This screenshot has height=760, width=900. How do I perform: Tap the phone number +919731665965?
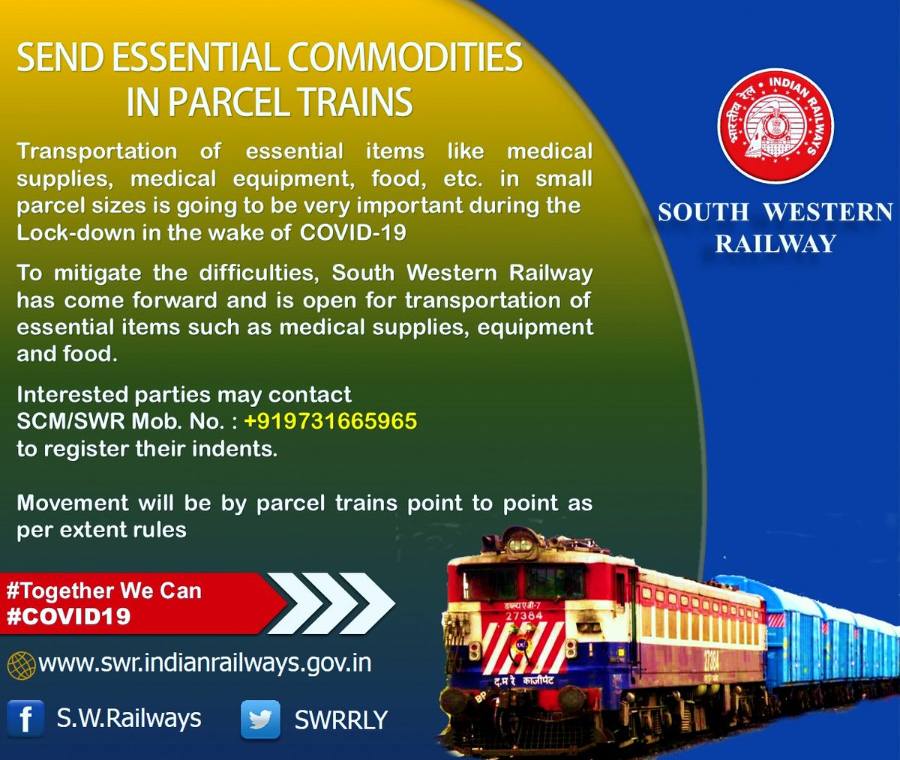[330, 421]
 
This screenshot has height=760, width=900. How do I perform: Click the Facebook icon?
[25, 719]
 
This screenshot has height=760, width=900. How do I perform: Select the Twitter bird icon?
[260, 720]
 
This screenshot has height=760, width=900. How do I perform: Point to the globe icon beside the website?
[21, 665]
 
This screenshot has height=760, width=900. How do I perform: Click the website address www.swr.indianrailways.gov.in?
[205, 663]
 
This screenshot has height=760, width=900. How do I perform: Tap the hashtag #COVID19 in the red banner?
[68, 616]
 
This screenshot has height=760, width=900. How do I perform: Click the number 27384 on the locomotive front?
[524, 615]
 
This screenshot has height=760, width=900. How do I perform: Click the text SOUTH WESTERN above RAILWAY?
[775, 212]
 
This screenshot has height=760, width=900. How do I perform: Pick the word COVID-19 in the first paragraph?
[353, 232]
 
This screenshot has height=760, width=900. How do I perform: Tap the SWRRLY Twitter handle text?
[340, 720]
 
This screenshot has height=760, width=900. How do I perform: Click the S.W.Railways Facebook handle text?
[129, 719]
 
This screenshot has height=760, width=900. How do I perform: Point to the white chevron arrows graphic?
[334, 603]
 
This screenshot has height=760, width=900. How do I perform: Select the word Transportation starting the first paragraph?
[97, 151]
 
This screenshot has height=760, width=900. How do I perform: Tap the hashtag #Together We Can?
[103, 591]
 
